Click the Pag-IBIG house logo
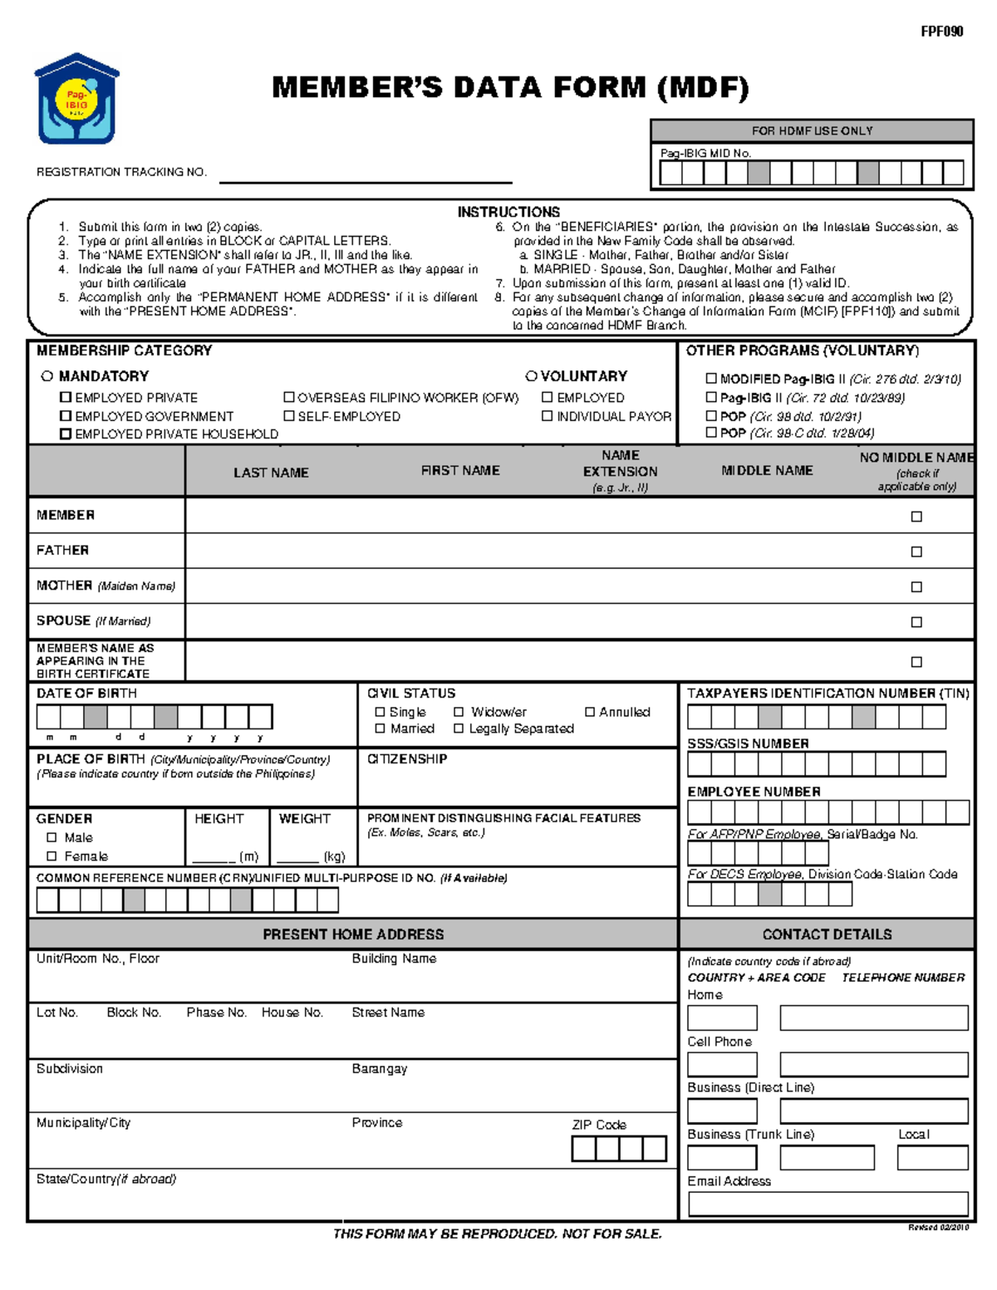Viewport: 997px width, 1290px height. pyautogui.click(x=76, y=99)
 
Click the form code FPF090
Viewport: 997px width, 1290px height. pyautogui.click(x=941, y=32)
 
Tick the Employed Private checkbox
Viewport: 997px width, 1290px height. pyautogui.click(x=66, y=397)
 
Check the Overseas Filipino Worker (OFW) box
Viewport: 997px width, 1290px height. pyautogui.click(x=289, y=397)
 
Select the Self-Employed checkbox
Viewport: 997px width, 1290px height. pyautogui.click(x=289, y=415)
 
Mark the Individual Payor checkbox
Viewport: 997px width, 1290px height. pyautogui.click(x=547, y=415)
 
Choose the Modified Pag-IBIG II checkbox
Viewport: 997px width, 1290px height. pyautogui.click(x=711, y=378)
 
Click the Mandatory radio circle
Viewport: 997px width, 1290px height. pyautogui.click(x=47, y=376)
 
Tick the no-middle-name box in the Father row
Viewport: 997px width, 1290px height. pyautogui.click(x=916, y=552)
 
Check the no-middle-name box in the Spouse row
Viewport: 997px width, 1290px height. pyautogui.click(x=916, y=621)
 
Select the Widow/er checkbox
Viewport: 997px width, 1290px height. pyautogui.click(x=459, y=712)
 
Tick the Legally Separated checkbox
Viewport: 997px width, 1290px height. pyautogui.click(x=459, y=728)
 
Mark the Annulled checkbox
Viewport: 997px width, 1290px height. pyautogui.click(x=590, y=712)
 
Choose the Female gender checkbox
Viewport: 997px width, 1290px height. pyautogui.click(x=52, y=856)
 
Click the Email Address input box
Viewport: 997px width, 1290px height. pyautogui.click(x=828, y=1203)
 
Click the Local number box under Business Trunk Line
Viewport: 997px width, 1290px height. pyautogui.click(x=932, y=1157)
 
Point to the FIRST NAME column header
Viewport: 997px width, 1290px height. pyautogui.click(x=460, y=470)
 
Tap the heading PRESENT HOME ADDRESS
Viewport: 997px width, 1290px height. pyautogui.click(x=353, y=934)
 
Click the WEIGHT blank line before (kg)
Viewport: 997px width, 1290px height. pyautogui.click(x=298, y=856)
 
